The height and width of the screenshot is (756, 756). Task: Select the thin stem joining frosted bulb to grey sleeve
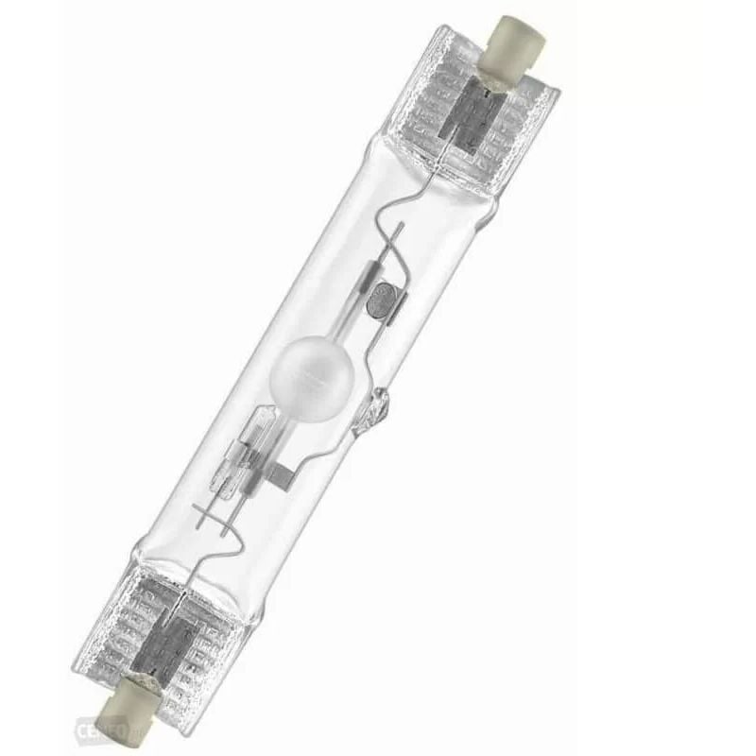click(340, 340)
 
